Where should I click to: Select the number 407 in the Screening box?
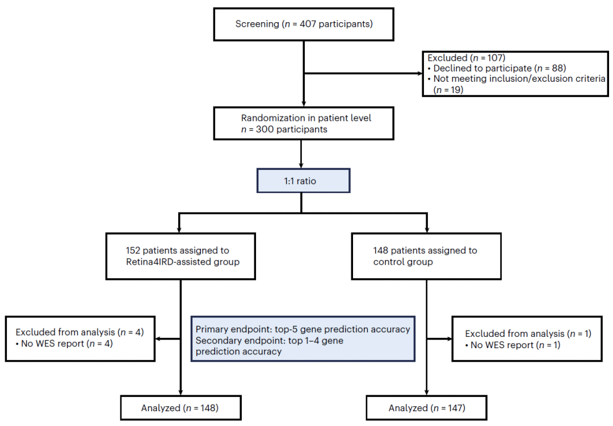coord(308,24)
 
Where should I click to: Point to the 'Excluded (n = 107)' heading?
coord(467,58)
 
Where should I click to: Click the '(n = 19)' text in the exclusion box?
coord(448,90)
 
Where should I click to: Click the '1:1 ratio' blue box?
coord(303,181)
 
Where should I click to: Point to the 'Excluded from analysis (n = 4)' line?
coord(80,332)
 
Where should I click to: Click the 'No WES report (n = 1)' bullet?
coord(513,345)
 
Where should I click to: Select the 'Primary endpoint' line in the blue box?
coord(303,329)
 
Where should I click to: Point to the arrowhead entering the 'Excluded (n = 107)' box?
coord(420,73)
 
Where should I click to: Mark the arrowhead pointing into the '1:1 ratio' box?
coord(301,165)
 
